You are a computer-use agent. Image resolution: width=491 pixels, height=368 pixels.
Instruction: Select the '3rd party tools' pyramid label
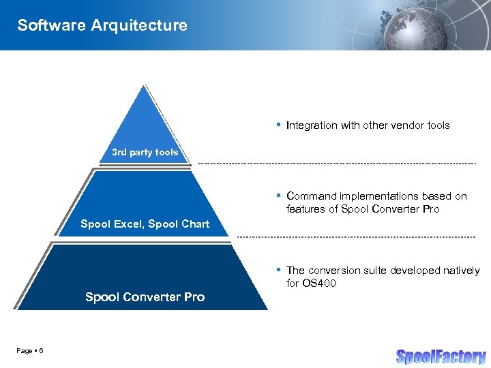point(145,152)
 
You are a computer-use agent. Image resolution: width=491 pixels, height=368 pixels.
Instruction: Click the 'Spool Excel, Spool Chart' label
point(145,224)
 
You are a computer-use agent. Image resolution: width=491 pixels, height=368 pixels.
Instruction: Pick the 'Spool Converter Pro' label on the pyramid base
point(145,296)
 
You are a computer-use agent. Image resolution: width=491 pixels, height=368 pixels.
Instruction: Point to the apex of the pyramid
point(144,87)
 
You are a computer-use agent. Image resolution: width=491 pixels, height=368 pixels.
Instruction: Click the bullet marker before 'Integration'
point(279,125)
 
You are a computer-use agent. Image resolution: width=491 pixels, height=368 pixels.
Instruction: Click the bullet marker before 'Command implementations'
point(279,196)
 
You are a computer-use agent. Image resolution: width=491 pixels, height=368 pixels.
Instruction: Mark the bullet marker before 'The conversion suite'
point(279,270)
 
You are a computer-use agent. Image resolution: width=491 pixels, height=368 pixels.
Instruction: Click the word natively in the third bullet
point(460,271)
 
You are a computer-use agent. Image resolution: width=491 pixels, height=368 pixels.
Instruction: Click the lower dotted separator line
point(355,236)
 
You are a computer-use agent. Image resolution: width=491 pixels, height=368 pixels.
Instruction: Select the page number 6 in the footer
point(42,350)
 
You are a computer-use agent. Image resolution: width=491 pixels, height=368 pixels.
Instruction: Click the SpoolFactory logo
point(441,356)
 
